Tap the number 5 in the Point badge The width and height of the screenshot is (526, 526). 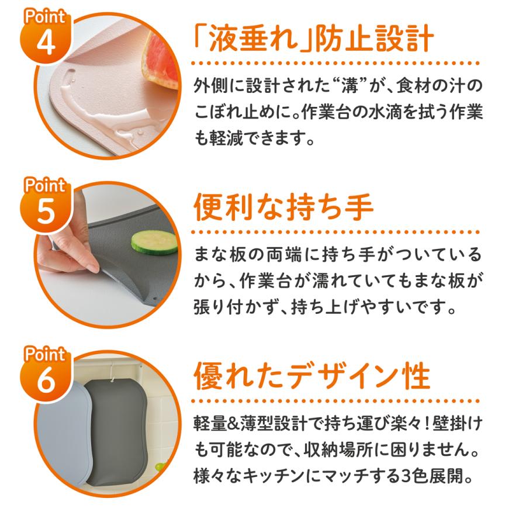47,213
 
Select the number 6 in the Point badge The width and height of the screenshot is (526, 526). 47,381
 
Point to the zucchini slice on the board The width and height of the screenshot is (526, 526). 154,242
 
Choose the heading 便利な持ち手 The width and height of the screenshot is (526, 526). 283,208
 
